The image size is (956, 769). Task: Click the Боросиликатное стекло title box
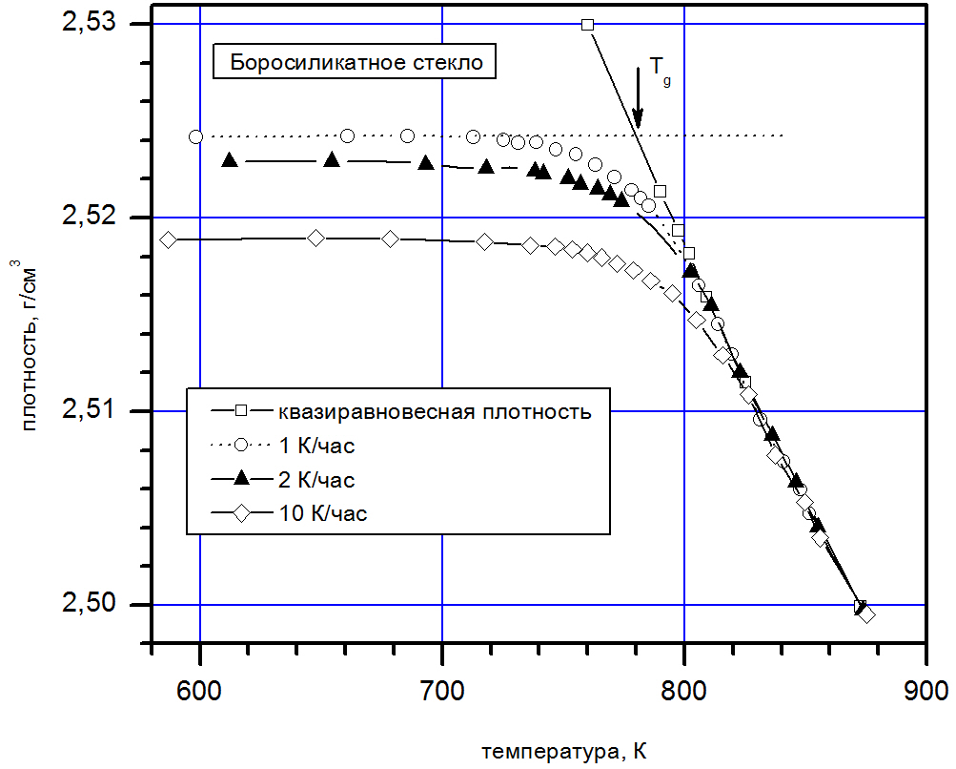(x=355, y=65)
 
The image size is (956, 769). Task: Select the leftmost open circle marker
(x=195, y=136)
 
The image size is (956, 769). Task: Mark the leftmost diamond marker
(x=169, y=239)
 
